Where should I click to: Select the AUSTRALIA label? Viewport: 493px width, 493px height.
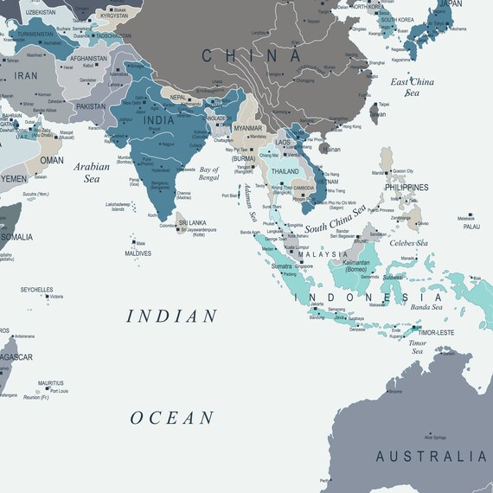[431, 457]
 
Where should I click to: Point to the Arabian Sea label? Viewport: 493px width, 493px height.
[93, 172]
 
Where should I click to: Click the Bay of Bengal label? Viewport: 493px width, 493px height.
[215, 173]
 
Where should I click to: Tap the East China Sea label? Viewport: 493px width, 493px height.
[412, 87]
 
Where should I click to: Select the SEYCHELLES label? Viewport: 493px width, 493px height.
[37, 290]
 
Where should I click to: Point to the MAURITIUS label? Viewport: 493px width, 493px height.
[50, 382]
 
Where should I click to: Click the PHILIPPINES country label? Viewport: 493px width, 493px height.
[407, 187]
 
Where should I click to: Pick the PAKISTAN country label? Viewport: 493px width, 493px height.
[90, 106]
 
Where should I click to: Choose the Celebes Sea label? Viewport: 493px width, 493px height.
[410, 243]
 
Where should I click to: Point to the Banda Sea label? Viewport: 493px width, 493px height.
[426, 306]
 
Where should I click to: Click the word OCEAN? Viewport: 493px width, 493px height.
[172, 418]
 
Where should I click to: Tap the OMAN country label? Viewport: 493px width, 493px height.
[52, 160]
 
